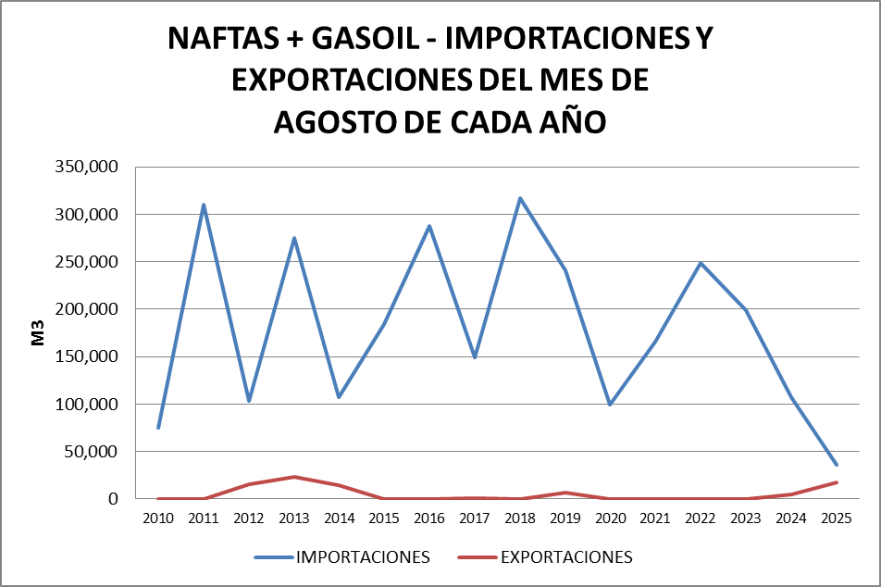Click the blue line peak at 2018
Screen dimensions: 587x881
520,198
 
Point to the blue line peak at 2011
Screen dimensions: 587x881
204,205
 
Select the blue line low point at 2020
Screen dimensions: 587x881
611,405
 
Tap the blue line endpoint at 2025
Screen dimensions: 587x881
837,465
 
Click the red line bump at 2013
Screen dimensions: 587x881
294,477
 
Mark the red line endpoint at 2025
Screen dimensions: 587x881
837,482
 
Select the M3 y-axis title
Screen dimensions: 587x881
39,333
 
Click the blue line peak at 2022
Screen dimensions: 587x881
701,263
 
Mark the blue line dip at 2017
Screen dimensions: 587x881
475,357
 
